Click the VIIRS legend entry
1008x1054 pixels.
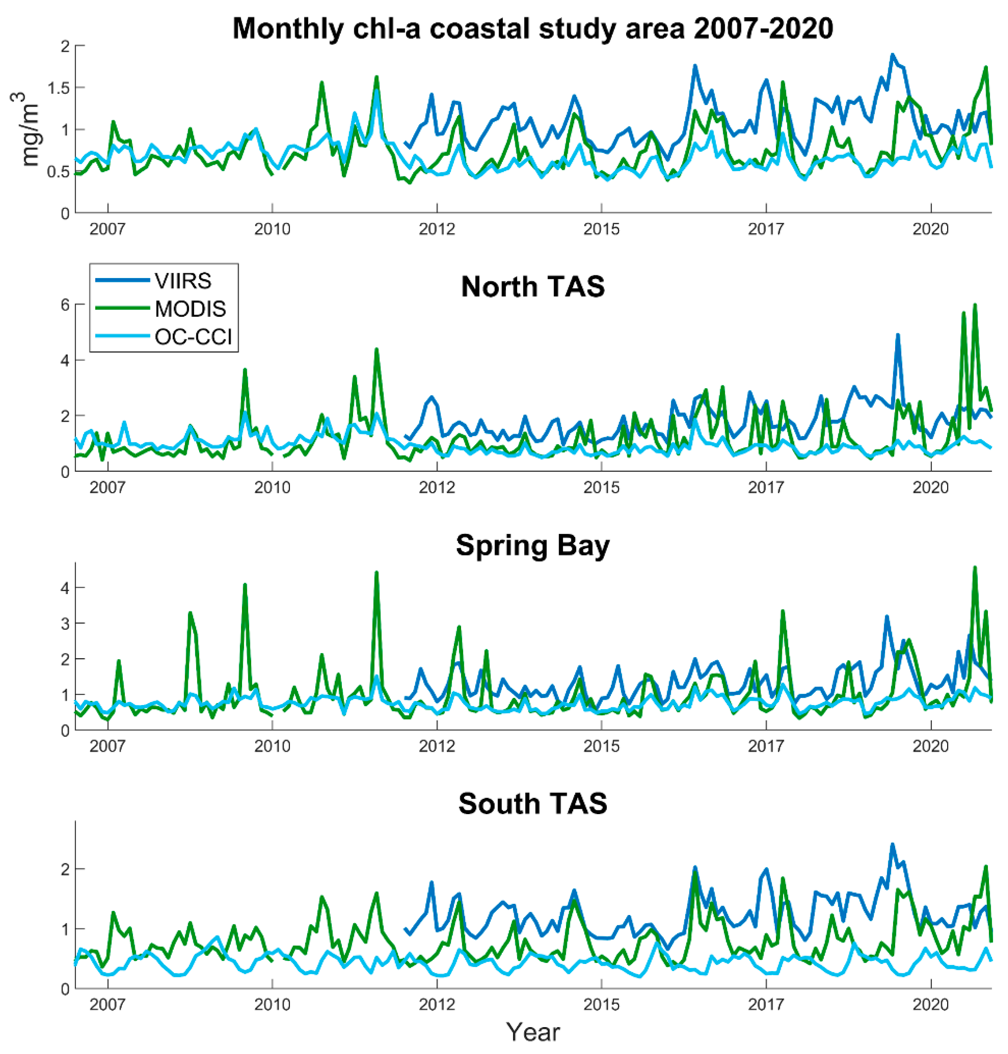tap(183, 281)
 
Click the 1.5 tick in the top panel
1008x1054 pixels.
tap(59, 87)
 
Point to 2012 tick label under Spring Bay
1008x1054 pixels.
tap(437, 746)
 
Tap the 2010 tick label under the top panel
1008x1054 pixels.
tap(272, 229)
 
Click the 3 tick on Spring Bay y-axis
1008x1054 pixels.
tap(65, 624)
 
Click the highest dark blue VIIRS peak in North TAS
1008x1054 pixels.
tap(897, 335)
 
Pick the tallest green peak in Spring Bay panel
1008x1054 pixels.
tap(975, 567)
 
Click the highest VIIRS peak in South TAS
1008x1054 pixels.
tap(893, 844)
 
